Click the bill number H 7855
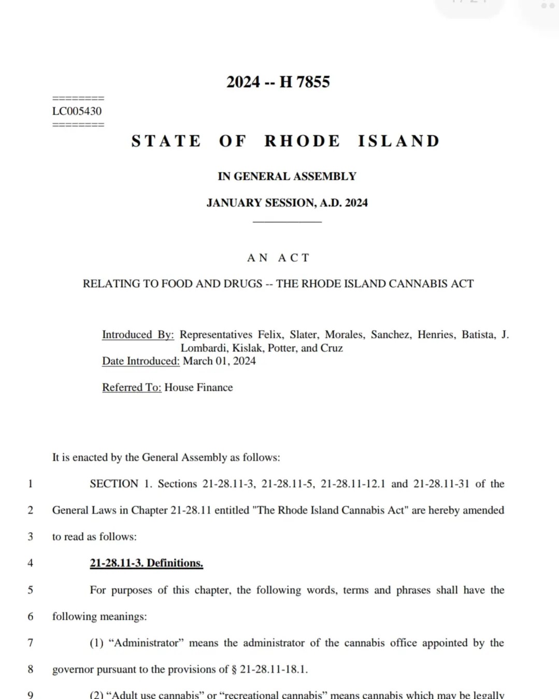coord(305,82)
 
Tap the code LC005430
coord(77,111)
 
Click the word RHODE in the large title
coord(302,141)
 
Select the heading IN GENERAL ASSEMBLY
coord(287,176)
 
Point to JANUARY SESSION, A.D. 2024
coord(287,203)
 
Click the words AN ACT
coord(278,258)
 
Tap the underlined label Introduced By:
coord(138,335)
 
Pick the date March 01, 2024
coord(219,361)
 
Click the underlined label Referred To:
coord(132,388)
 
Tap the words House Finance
coord(198,388)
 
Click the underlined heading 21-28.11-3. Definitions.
coord(146,563)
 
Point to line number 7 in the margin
coord(30,643)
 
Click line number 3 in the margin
coord(30,537)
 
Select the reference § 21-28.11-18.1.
coord(269,669)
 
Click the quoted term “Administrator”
coord(146,643)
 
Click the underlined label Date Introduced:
coord(140,361)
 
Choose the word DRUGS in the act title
coord(242,284)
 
